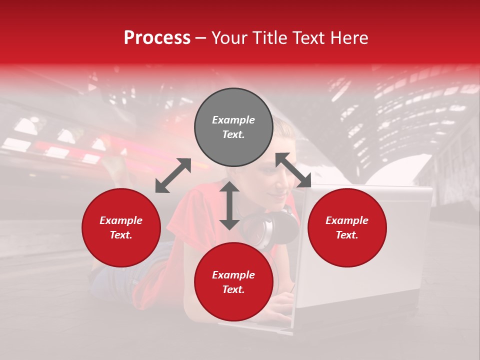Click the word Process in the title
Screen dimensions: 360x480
pos(157,38)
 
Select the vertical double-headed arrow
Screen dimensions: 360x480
pos(229,205)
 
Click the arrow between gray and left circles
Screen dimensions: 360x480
pos(173,175)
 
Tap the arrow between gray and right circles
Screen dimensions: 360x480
pos(293,170)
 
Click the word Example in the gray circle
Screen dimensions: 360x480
pos(233,120)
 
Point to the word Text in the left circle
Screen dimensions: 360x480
pos(120,235)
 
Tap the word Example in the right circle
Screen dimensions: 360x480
pos(347,220)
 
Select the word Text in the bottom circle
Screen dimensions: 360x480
pos(233,290)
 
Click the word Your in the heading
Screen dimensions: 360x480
pos(229,38)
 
